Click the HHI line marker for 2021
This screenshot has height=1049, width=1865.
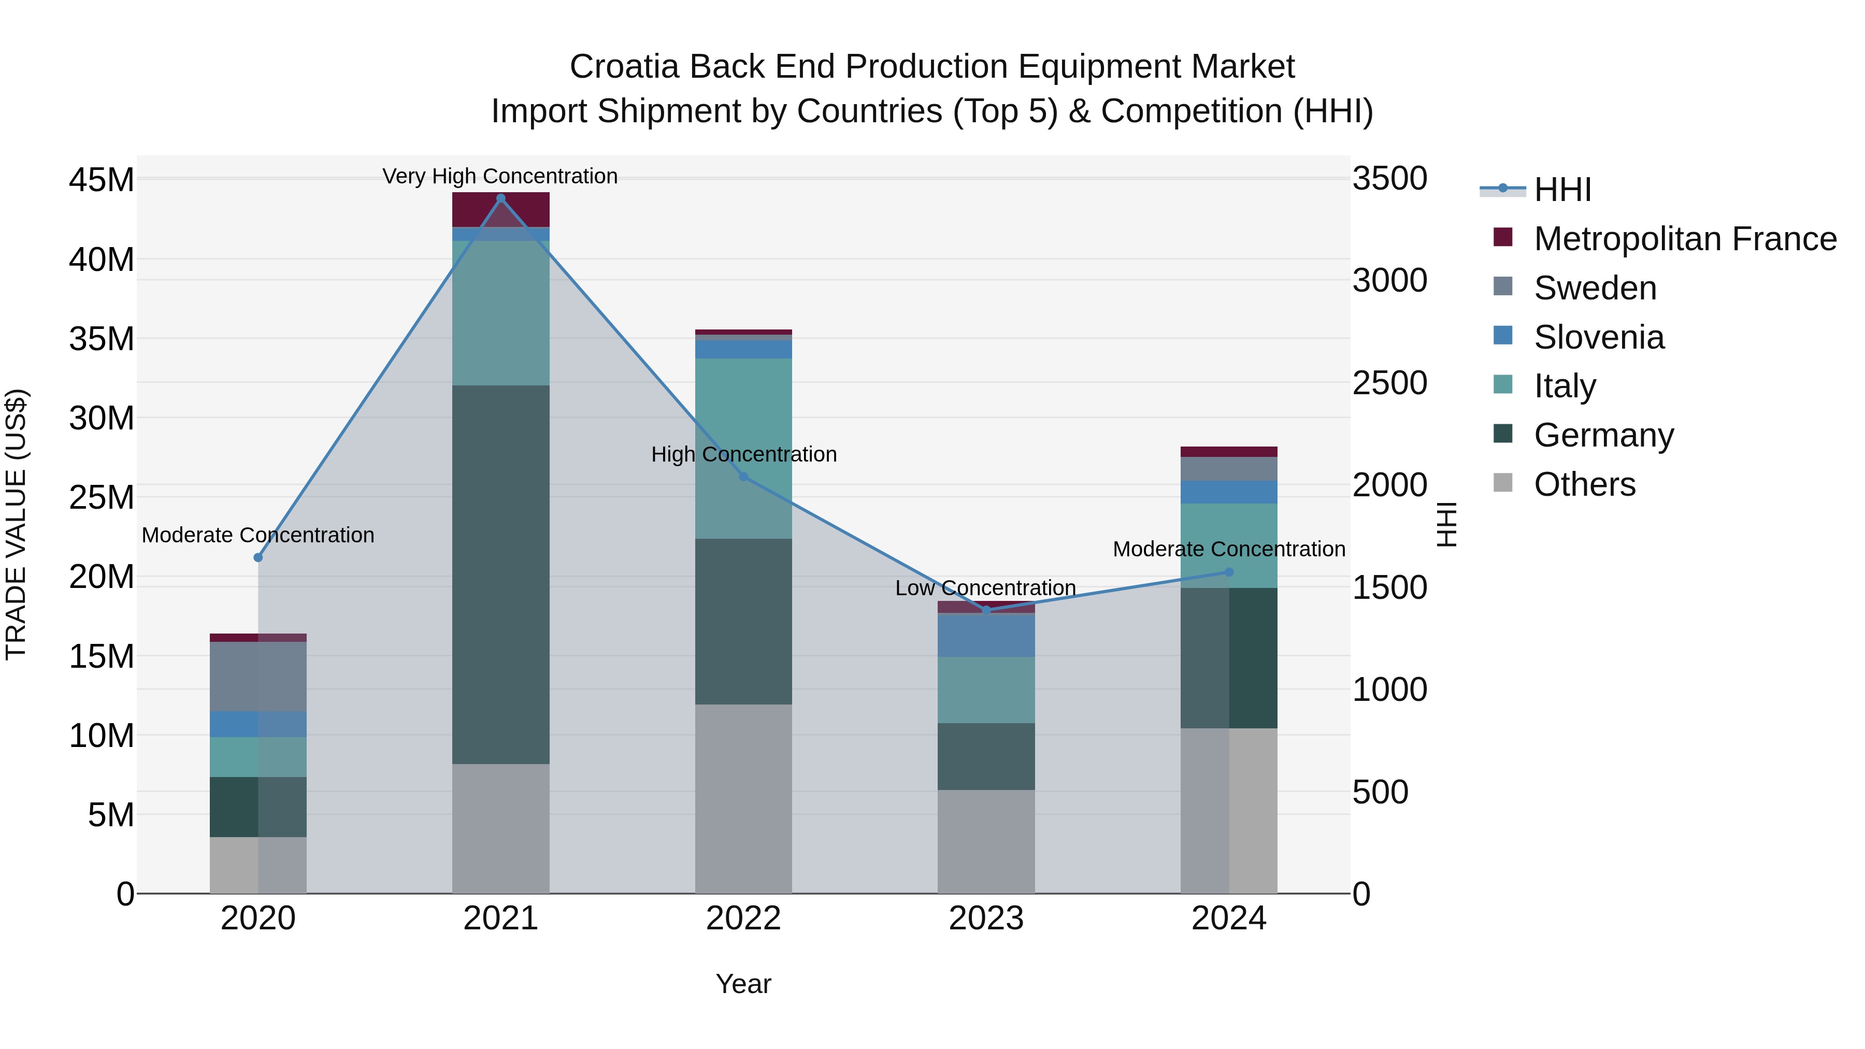(500, 198)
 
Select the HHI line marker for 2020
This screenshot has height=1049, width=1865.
(258, 557)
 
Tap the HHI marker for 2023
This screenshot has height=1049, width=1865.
(986, 610)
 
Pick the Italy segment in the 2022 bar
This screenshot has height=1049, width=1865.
(743, 448)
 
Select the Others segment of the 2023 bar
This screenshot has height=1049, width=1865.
(986, 841)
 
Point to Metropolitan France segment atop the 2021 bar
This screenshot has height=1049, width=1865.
(500, 209)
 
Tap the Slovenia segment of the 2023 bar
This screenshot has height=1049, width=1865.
(986, 635)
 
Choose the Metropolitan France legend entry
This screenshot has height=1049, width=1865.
(1684, 239)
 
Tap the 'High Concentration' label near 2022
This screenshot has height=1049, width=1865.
(743, 455)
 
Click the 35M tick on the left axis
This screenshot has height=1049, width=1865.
(102, 339)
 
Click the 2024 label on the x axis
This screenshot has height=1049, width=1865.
(1229, 918)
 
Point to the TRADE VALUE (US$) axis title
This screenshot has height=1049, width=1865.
(16, 524)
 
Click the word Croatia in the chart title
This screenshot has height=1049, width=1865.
(624, 67)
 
